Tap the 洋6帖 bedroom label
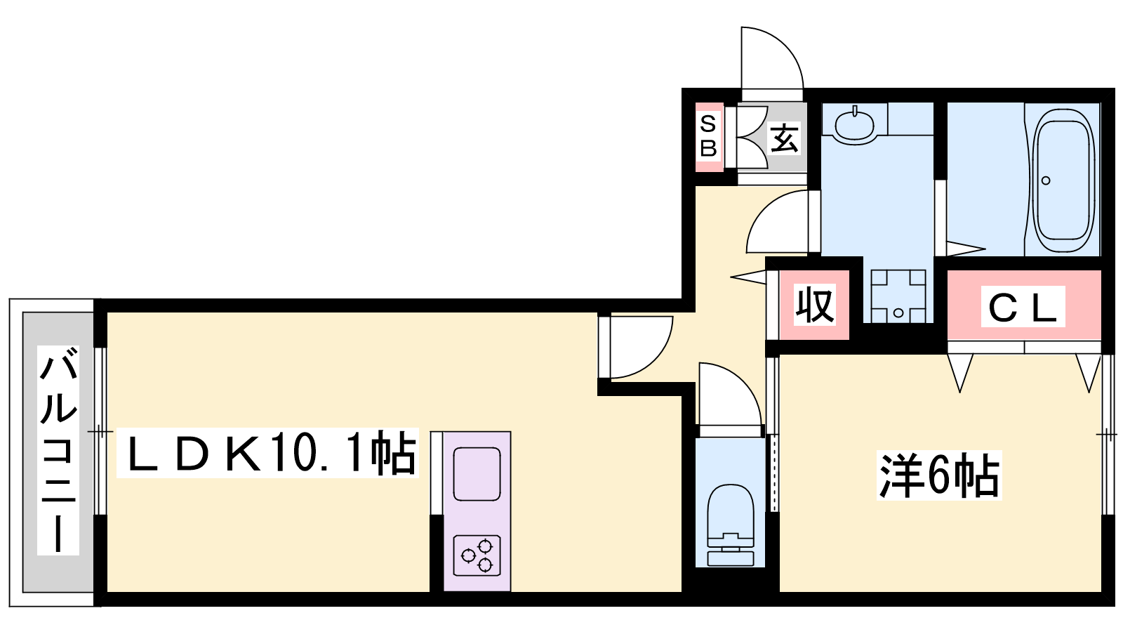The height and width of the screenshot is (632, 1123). pyautogui.click(x=939, y=475)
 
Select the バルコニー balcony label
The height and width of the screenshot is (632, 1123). pyautogui.click(x=58, y=450)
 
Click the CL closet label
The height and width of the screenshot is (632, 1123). pyautogui.click(x=1023, y=307)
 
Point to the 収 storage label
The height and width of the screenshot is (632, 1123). pyautogui.click(x=815, y=304)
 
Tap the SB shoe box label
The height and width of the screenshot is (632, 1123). pyautogui.click(x=708, y=136)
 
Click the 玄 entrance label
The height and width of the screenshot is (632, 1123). pyautogui.click(x=784, y=138)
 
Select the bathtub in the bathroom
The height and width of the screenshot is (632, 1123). pyautogui.click(x=1065, y=180)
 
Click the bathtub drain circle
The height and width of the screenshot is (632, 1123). pyautogui.click(x=1046, y=180)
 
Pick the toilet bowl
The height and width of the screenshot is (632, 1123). pyautogui.click(x=730, y=525)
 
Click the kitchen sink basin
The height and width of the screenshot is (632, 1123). pyautogui.click(x=477, y=474)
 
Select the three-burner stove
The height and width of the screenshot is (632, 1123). pyautogui.click(x=477, y=555)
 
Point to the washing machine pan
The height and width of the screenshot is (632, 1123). pyautogui.click(x=898, y=296)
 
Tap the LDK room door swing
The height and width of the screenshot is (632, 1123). pyautogui.click(x=642, y=347)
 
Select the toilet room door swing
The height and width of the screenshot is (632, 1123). pyautogui.click(x=731, y=394)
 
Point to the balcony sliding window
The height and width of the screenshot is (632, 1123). pyautogui.click(x=100, y=431)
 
